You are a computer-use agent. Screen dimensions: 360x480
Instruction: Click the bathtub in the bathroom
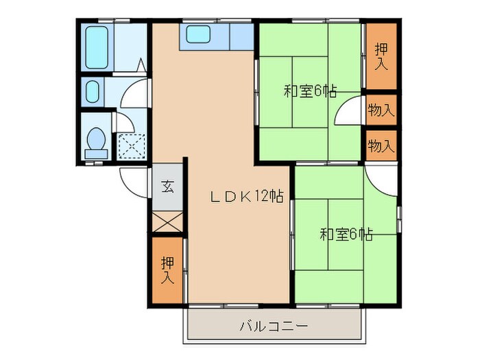click(97, 47)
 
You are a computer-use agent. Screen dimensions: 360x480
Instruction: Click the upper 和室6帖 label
click(309, 91)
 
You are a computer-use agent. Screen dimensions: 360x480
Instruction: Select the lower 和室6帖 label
click(346, 235)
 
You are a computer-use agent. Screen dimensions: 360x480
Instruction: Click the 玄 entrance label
click(167, 186)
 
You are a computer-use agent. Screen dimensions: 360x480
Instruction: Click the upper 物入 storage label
click(381, 110)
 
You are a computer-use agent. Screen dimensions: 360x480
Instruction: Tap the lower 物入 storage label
click(381, 145)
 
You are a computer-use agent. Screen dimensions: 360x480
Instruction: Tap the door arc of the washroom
click(134, 94)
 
